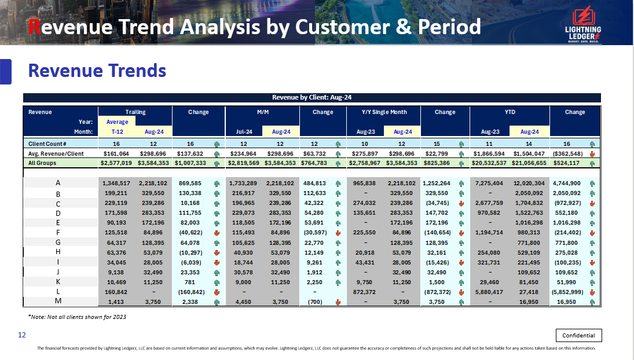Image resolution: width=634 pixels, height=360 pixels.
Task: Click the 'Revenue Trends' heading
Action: click(x=97, y=71)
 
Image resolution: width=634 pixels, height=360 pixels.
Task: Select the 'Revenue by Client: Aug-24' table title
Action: click(x=311, y=97)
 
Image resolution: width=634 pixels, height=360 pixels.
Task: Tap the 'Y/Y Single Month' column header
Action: click(x=380, y=112)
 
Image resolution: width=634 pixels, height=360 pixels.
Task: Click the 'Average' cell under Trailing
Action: click(x=117, y=122)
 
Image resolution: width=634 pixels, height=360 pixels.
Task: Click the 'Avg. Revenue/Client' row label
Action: click(x=56, y=153)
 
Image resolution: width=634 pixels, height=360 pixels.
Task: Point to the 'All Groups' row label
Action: click(x=43, y=163)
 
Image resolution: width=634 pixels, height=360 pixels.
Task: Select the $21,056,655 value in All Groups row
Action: click(x=527, y=163)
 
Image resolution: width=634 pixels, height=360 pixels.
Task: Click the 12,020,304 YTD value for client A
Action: click(x=527, y=183)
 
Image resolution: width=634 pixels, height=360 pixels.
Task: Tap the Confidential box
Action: click(x=578, y=335)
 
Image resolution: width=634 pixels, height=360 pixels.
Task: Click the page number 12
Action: click(x=22, y=335)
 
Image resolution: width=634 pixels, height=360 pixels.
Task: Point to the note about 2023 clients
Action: click(x=77, y=317)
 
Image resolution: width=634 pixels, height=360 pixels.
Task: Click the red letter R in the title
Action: click(x=35, y=27)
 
